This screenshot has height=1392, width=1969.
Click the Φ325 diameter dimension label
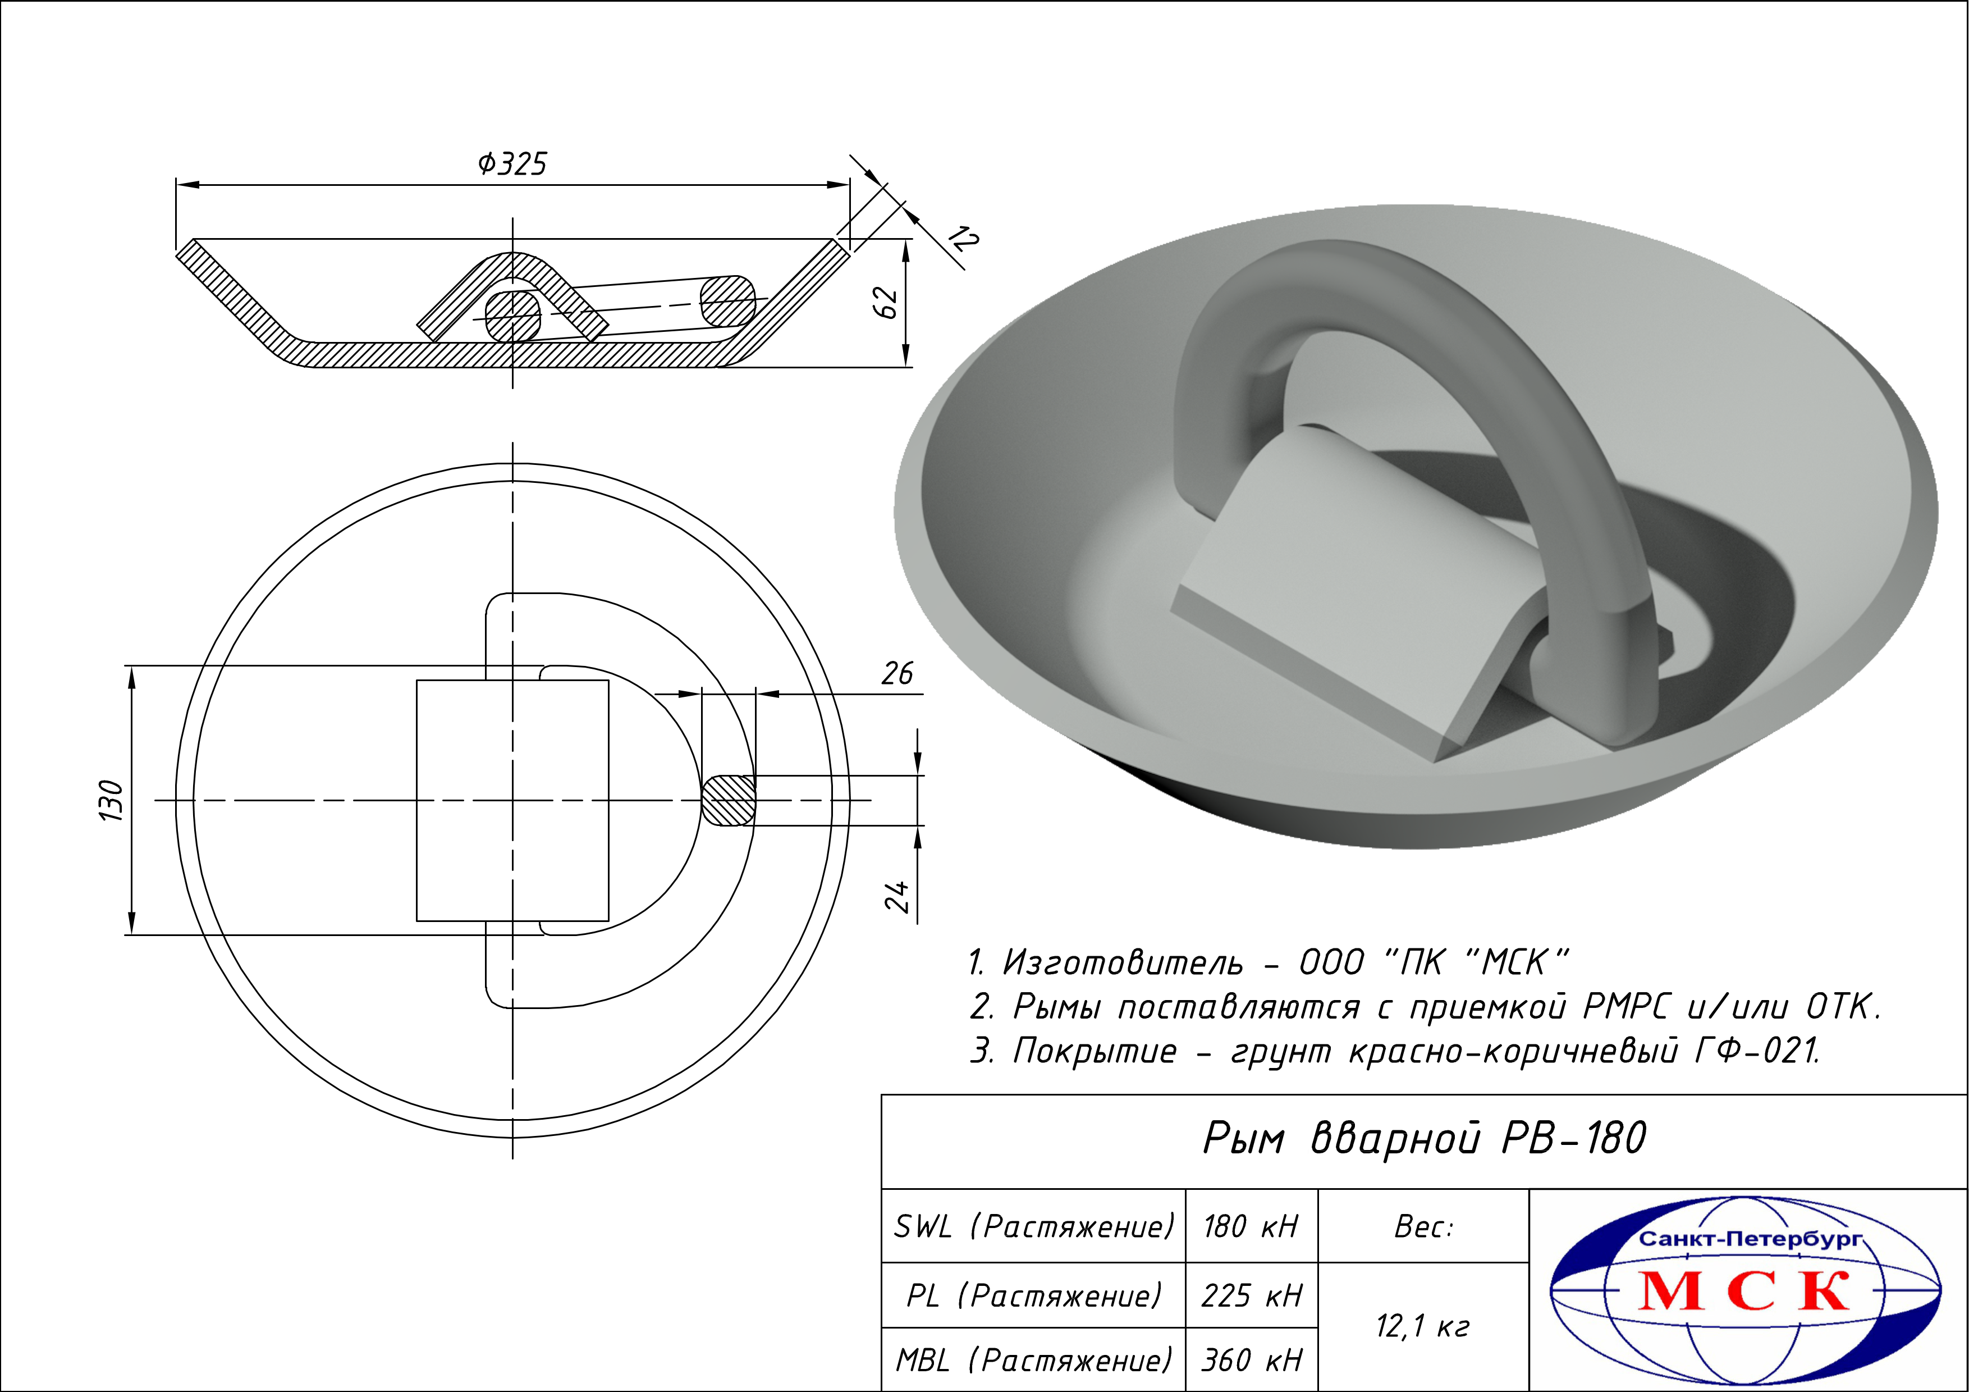pos(512,163)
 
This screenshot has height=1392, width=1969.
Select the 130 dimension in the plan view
pos(112,800)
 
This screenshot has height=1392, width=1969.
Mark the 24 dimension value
pos(897,896)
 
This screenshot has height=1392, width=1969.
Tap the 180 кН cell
pos(1251,1226)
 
